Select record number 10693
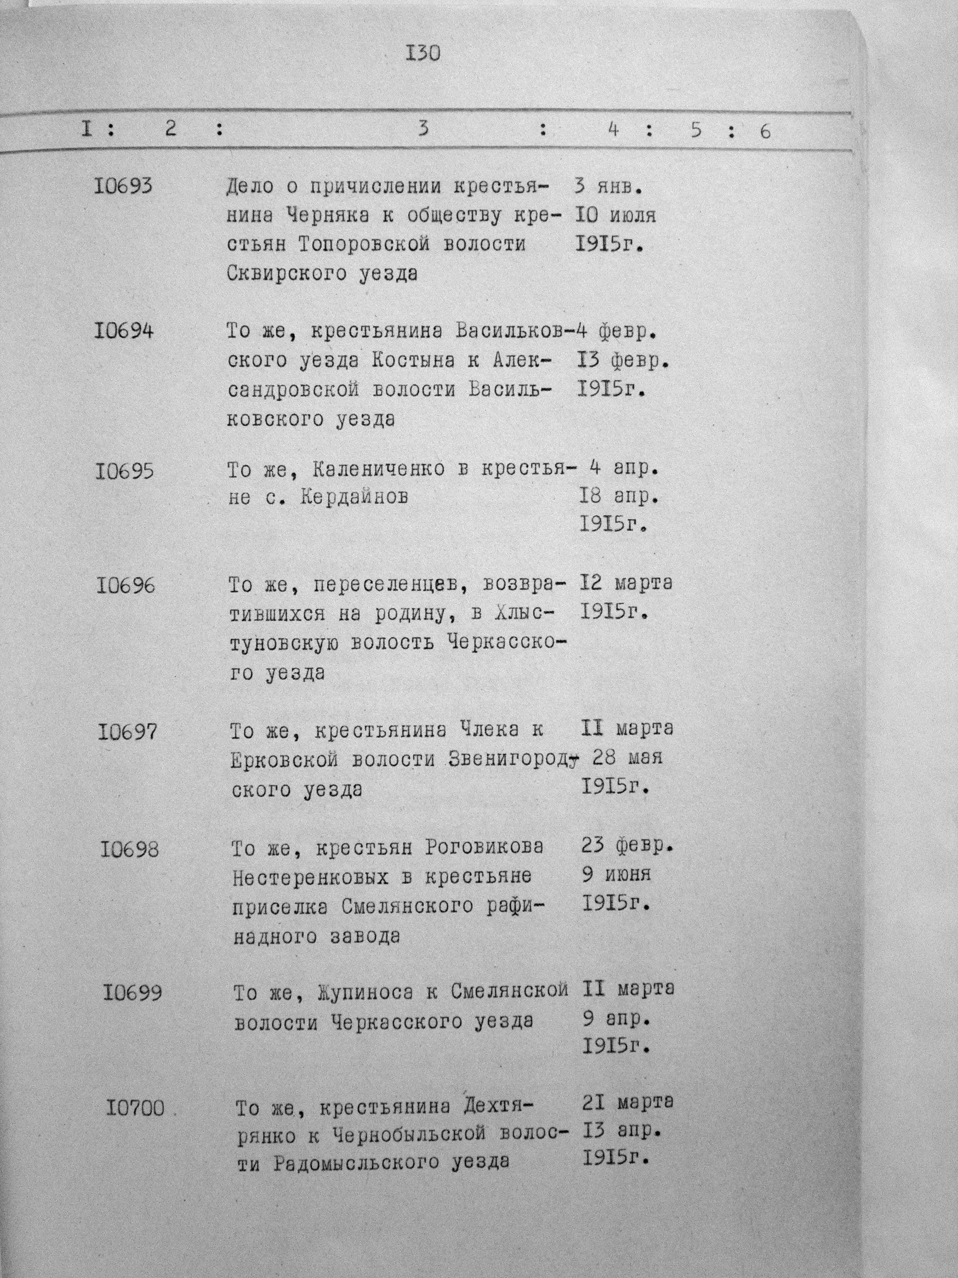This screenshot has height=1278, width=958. [123, 186]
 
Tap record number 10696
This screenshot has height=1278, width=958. [126, 586]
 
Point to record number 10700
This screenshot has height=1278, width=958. [135, 1109]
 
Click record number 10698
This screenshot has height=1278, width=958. [129, 850]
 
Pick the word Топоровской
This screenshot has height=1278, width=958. [364, 245]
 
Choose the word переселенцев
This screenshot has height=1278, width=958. [390, 585]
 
